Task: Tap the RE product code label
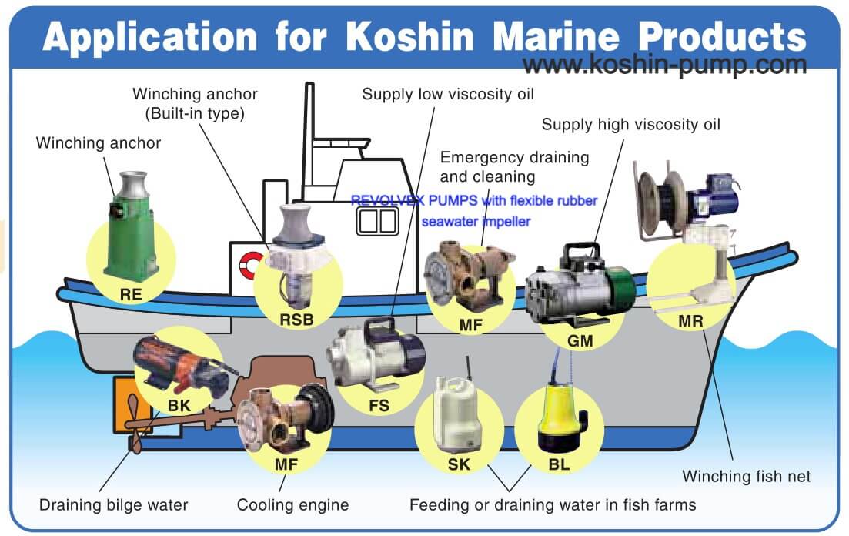131,293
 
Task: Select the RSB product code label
297,318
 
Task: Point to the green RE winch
132,231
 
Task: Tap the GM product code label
580,339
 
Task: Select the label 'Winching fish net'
747,476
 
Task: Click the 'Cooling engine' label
292,505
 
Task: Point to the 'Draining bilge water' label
114,505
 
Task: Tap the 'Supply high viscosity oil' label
631,124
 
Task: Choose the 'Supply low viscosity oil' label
448,94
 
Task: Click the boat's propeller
132,420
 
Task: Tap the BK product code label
179,404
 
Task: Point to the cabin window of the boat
377,221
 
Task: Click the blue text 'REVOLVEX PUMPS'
413,201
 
